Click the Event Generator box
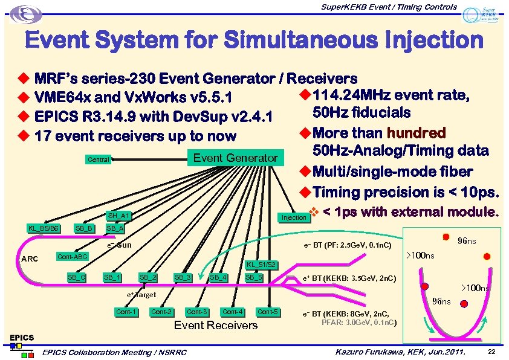click(235, 158)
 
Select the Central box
click(99, 160)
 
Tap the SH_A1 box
click(119, 216)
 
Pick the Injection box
click(294, 217)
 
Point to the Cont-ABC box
click(73, 257)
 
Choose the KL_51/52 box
click(262, 264)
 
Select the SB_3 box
click(183, 277)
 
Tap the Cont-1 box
click(126, 312)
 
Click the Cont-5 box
click(268, 312)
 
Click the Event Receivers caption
click(215, 326)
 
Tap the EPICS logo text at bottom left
click(21, 337)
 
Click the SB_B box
click(83, 228)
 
